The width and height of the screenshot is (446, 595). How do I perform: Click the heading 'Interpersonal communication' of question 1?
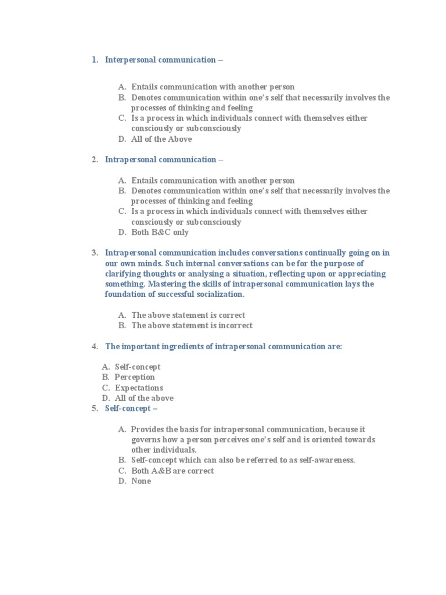pos(160,60)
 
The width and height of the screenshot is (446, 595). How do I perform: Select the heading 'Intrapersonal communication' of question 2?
pos(160,160)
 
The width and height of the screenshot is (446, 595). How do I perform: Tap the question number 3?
pos(94,253)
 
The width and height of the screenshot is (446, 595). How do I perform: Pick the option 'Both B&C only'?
pos(160,232)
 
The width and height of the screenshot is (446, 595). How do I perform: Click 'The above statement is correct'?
pos(188,315)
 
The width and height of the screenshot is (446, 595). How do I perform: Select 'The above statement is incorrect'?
pos(192,325)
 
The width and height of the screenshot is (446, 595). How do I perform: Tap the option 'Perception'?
pos(135,378)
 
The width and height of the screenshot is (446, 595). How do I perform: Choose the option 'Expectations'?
pos(139,388)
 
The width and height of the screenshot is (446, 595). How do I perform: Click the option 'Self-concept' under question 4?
pos(138,367)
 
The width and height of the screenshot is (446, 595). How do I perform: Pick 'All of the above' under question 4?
pos(144,399)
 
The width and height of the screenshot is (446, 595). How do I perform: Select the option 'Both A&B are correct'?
pos(172,471)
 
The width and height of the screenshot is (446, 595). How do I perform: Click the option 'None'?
pos(141,481)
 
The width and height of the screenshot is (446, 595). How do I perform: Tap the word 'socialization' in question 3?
pos(218,295)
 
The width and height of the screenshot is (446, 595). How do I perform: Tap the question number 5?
pos(94,408)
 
